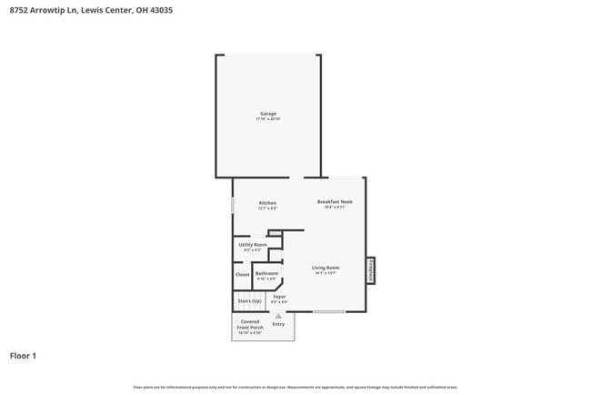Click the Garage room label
point(267,114)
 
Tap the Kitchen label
point(267,202)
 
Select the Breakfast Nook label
point(334,201)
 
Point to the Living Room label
point(326,268)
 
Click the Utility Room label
point(253,244)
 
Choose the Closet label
point(243,274)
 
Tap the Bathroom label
point(266,273)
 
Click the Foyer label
point(279,296)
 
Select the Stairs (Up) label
point(249,300)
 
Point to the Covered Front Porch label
point(250,324)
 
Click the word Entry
point(278,324)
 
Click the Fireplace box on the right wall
point(371,269)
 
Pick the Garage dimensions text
point(267,119)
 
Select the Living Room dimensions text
point(326,273)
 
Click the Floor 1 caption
point(23,355)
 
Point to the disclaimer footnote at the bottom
point(295,386)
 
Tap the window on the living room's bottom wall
point(329,312)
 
